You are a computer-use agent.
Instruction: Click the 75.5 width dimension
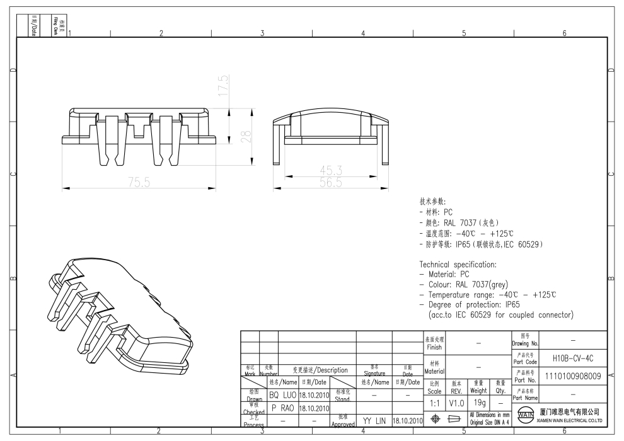coord(139,183)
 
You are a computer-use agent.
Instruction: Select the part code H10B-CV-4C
coord(572,358)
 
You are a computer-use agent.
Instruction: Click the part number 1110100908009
coord(572,377)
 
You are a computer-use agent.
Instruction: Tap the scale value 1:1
coord(435,402)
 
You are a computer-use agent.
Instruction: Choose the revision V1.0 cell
coord(456,402)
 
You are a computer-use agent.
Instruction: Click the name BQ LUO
coord(282,395)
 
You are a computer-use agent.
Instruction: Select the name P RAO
coord(282,408)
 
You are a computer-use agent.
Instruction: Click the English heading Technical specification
coord(458,265)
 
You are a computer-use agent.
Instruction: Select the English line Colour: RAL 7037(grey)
coord(468,285)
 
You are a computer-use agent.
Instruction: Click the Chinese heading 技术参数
coord(432,202)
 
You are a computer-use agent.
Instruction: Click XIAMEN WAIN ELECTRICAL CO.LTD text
coord(571,420)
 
